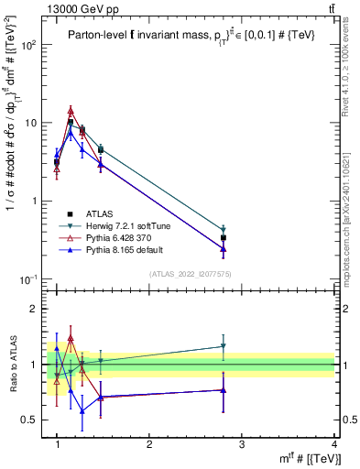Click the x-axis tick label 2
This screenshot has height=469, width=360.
149,445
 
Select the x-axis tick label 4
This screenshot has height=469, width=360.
334,445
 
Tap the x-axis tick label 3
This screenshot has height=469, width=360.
242,445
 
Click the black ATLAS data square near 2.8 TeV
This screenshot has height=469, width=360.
224,237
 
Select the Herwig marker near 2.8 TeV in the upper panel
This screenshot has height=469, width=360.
224,230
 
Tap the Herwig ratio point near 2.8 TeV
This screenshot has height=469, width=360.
224,346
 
